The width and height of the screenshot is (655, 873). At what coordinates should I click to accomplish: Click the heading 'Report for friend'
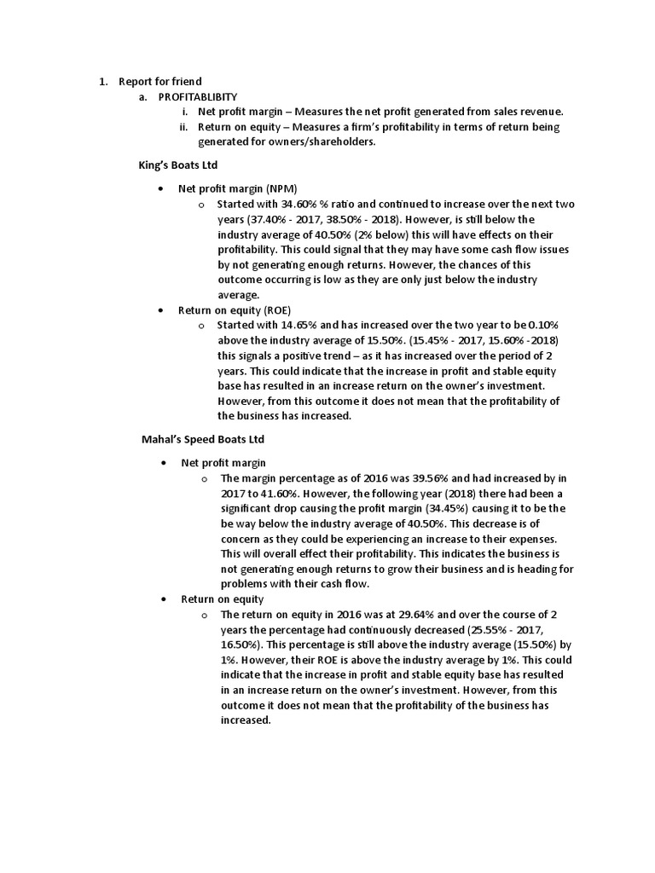160,82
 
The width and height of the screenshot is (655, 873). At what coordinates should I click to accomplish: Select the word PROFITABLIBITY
198,97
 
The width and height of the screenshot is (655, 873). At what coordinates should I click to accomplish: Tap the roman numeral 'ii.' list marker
183,128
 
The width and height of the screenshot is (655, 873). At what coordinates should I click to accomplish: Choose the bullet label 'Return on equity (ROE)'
235,310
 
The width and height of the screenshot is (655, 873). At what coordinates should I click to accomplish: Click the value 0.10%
544,327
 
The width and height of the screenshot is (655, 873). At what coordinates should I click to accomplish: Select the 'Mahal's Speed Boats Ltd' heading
203,439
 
